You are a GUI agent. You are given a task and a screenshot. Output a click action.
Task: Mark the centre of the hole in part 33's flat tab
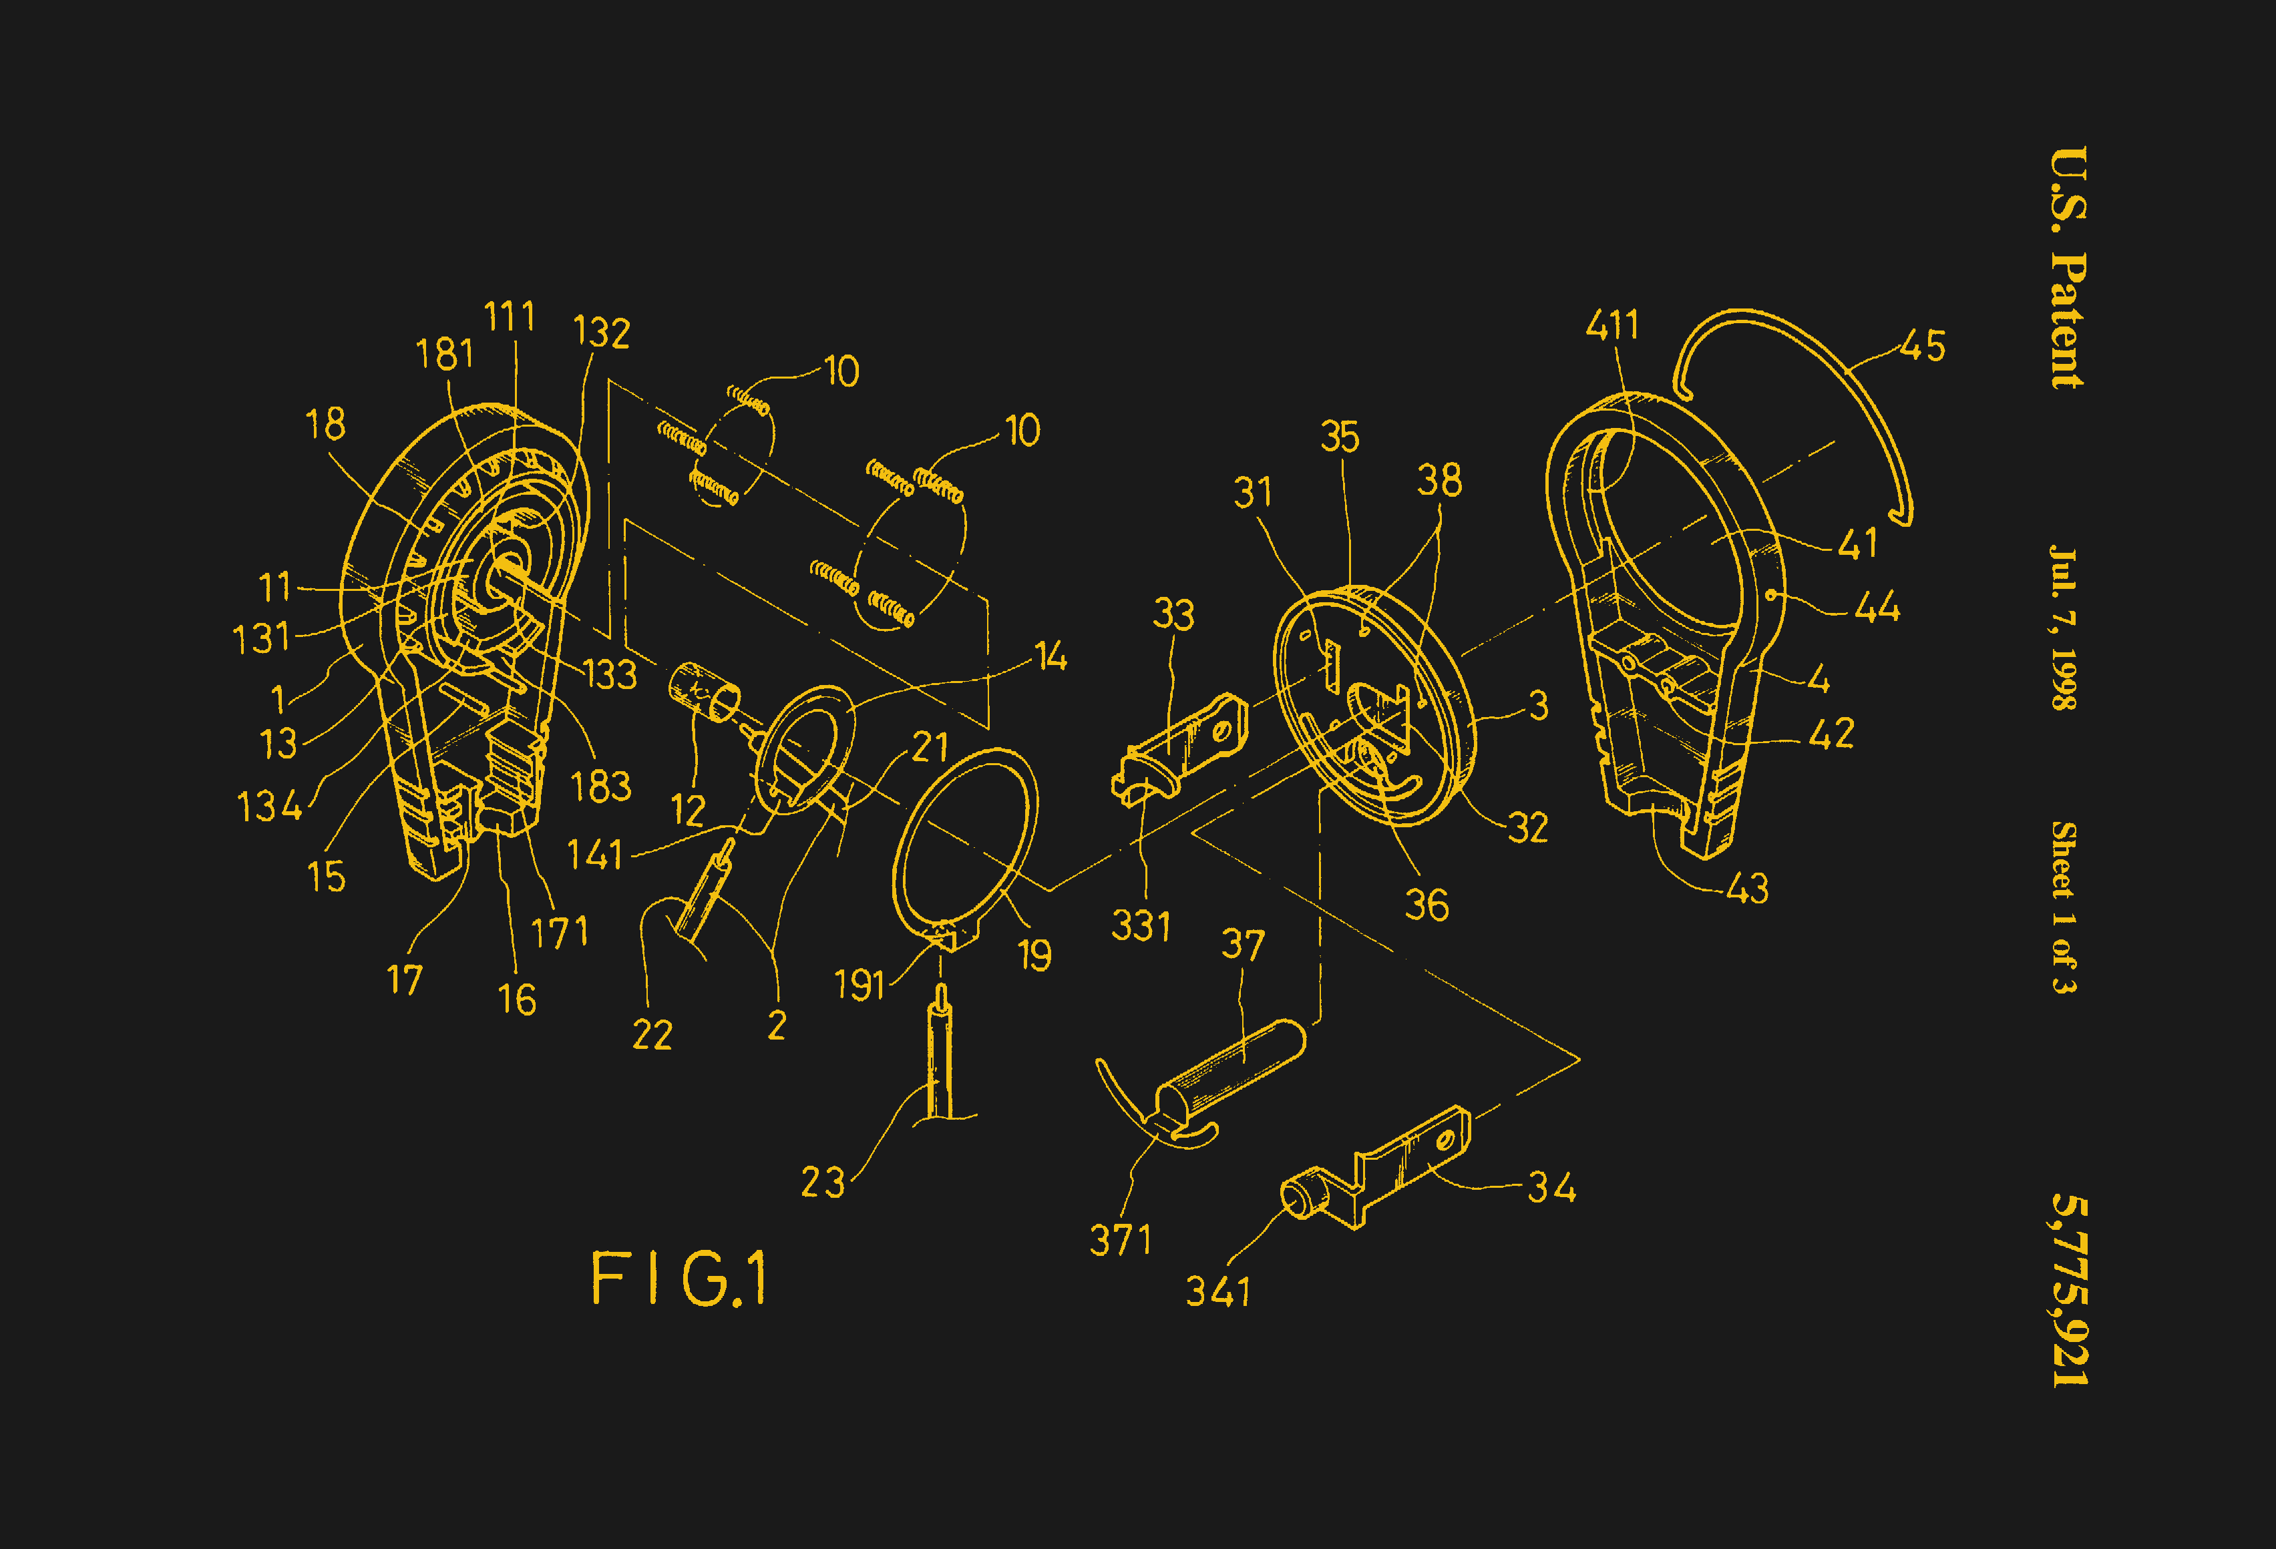tap(1221, 731)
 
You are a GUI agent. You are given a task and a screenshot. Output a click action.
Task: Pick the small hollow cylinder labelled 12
tap(704, 692)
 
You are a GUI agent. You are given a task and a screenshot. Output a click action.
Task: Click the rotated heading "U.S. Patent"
tap(2068, 267)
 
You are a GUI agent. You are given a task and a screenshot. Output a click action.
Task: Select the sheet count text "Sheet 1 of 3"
tap(2064, 907)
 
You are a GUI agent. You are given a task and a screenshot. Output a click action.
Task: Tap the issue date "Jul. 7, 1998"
tap(2064, 627)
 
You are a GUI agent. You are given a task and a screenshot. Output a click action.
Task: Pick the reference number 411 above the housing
tap(1612, 325)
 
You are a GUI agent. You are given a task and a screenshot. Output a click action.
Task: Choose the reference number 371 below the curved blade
tap(1121, 1240)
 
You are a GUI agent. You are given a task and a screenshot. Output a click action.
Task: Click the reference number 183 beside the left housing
tap(600, 787)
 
